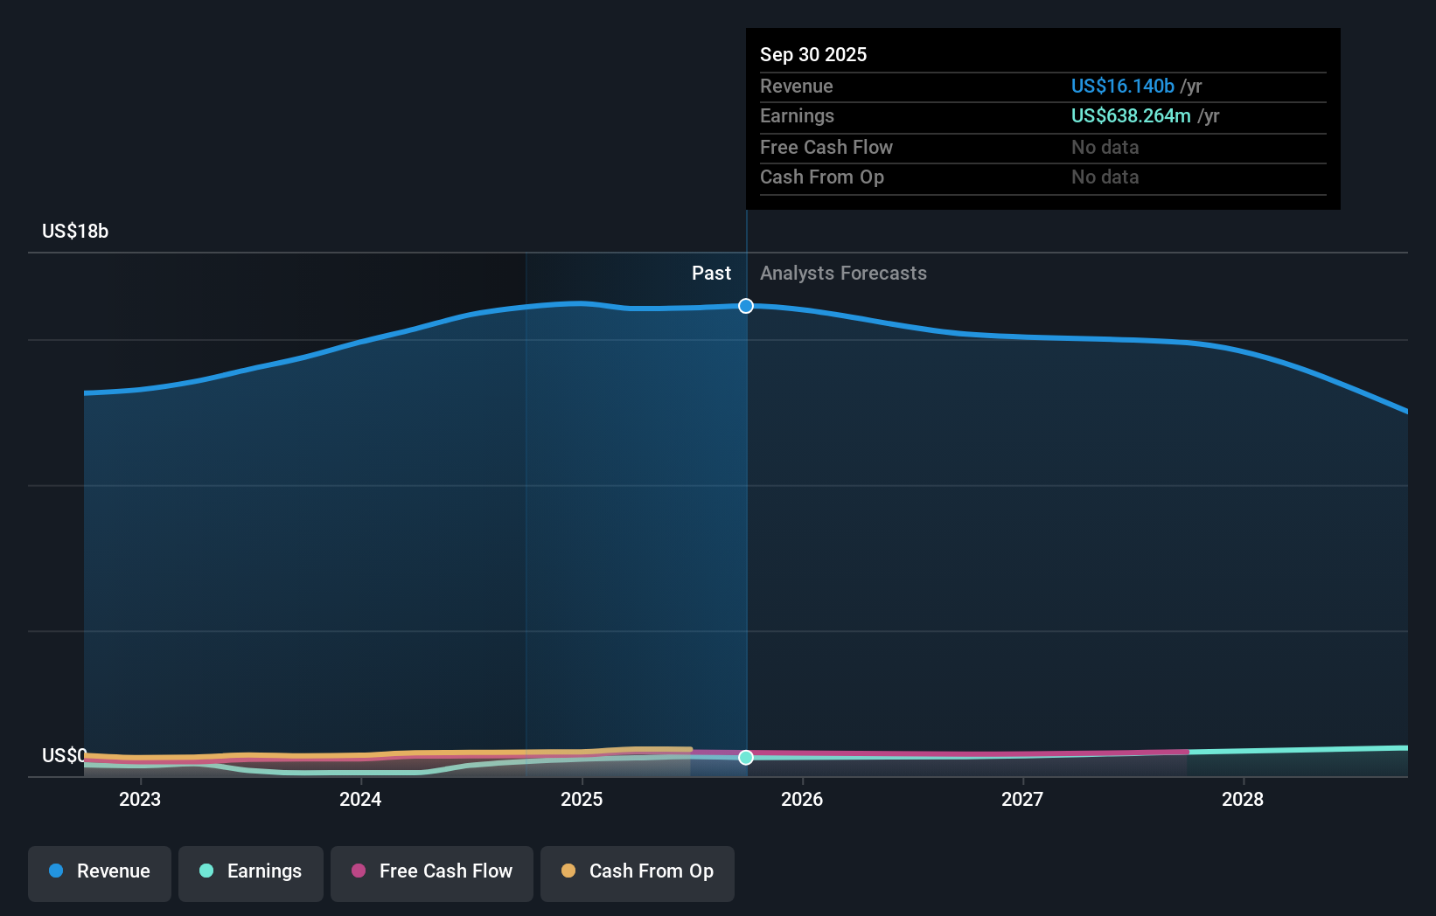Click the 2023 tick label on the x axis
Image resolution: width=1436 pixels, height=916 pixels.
coord(140,799)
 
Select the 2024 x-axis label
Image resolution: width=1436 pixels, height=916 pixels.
coord(360,799)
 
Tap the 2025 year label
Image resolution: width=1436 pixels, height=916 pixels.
coord(582,799)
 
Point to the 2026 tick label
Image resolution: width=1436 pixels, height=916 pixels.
coord(802,799)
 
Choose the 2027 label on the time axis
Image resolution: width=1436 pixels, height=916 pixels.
coord(1022,799)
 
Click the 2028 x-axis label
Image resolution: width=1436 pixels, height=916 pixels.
coord(1243,799)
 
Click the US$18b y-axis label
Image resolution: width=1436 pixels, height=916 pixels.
coord(75,231)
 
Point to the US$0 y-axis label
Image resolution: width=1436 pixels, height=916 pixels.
coord(64,755)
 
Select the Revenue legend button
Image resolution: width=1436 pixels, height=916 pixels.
coord(100,871)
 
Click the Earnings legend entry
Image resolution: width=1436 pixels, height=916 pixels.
coord(251,871)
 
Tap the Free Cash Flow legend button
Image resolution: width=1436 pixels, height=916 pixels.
coord(432,871)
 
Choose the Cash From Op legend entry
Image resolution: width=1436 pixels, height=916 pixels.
coord(638,871)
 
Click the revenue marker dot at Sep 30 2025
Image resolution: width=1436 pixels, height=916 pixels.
coord(746,306)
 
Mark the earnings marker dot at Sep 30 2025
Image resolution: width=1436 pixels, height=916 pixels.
coord(746,758)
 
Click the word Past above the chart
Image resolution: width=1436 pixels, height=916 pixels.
coord(711,273)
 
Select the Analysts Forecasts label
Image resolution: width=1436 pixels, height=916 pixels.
coord(843,273)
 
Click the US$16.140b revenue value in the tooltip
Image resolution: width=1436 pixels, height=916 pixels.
coord(1122,86)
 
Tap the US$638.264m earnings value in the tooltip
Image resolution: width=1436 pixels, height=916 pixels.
coord(1131,115)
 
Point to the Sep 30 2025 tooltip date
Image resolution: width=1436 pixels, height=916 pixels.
coord(813,54)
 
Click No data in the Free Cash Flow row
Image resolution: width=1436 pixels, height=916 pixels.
coord(1105,147)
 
